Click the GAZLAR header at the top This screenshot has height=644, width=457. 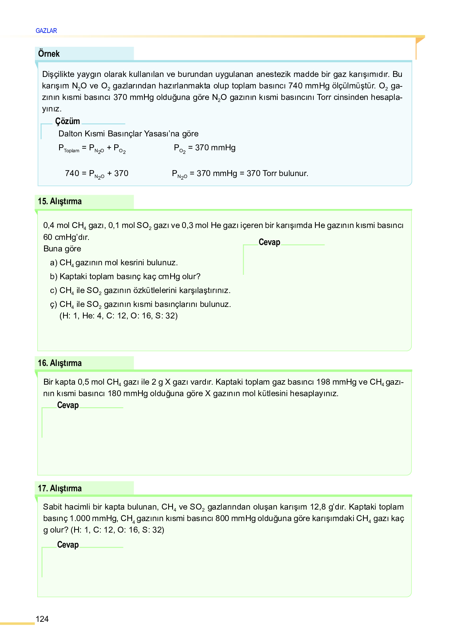46,31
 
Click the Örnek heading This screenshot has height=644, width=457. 49,54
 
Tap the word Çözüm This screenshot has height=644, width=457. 67,121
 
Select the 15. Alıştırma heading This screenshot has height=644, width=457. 60,201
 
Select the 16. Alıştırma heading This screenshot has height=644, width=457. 60,363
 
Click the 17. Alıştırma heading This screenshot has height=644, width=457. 60,488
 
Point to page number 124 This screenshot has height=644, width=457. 42,619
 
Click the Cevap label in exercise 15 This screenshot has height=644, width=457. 269,242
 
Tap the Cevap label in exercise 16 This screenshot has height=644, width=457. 68,405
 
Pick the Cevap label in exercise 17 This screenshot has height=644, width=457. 68,544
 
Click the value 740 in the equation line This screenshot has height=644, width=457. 72,173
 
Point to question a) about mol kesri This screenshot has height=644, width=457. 114,263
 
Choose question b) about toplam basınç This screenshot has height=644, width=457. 125,276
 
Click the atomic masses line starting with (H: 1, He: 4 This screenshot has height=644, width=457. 119,316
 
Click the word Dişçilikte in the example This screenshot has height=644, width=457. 58,74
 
